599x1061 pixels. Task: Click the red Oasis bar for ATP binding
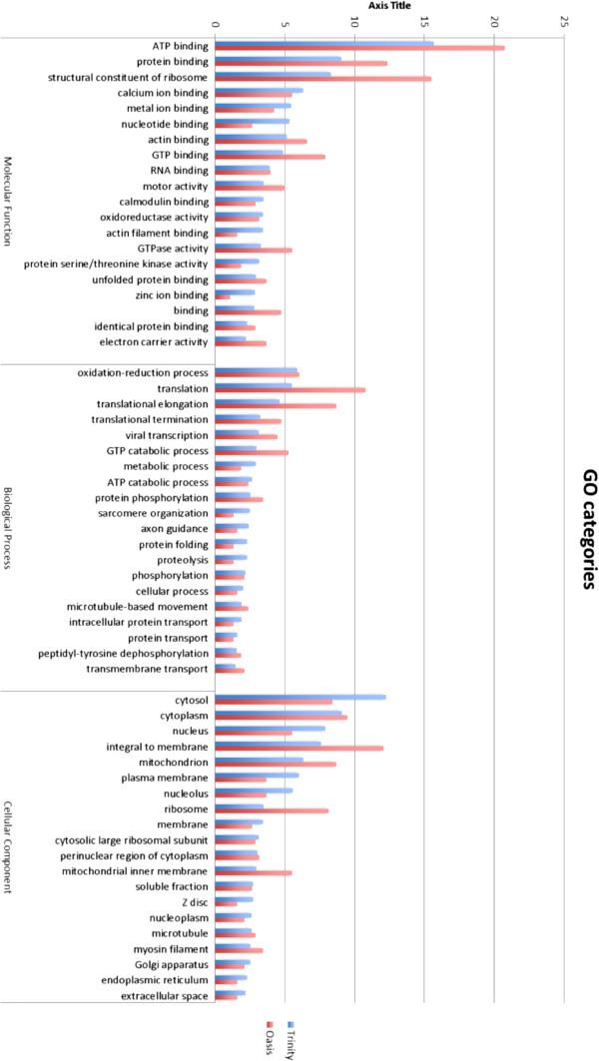[359, 48]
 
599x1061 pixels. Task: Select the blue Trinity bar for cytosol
[299, 697]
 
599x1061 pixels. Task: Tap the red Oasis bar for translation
[290, 390]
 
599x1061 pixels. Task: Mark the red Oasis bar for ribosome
[272, 810]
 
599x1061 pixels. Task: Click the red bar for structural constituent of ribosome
[322, 79]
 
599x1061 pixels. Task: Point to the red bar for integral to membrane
[299, 749]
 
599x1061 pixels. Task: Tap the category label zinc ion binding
[172, 295]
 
